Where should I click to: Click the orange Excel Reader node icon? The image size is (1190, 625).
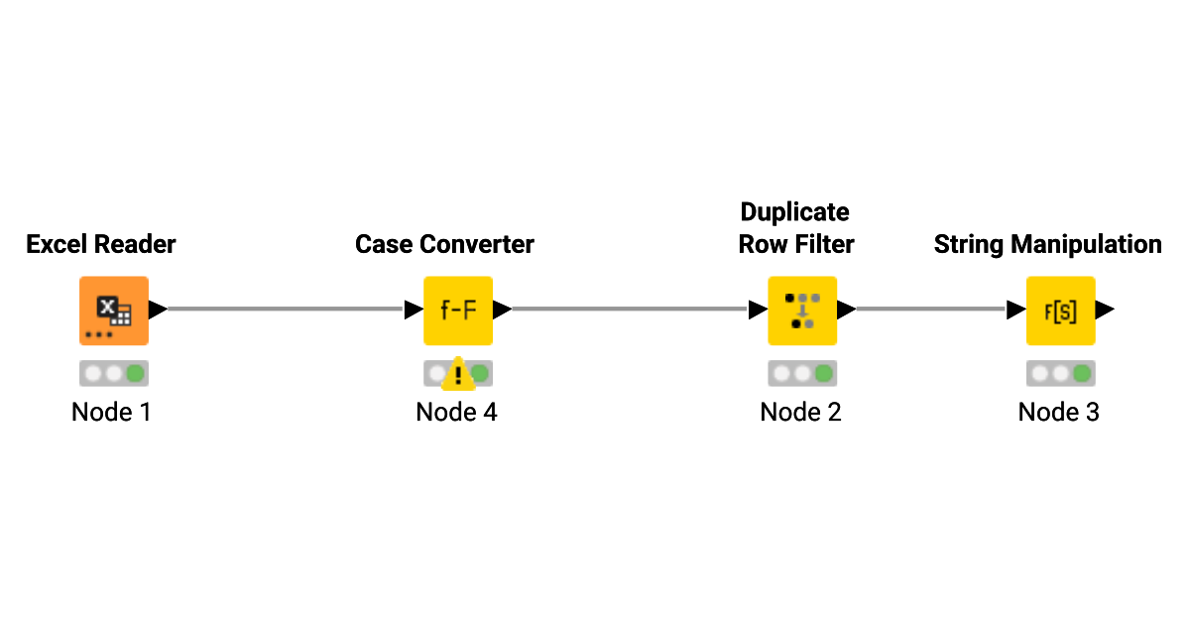click(x=114, y=310)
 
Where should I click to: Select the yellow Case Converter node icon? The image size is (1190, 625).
click(x=457, y=310)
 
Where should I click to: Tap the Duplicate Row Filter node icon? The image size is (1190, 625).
click(x=801, y=310)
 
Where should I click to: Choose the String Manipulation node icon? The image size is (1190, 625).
click(x=1060, y=310)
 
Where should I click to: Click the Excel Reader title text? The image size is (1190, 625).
click(x=101, y=244)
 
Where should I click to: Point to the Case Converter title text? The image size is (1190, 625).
click(x=444, y=244)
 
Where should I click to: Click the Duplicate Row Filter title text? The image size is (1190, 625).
click(x=795, y=228)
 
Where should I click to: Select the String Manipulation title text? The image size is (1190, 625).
click(x=1047, y=244)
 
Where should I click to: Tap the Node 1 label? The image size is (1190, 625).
click(x=111, y=412)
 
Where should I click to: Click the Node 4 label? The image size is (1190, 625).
click(x=456, y=412)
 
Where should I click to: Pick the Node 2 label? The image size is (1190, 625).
click(x=800, y=412)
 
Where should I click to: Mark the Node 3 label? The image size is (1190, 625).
click(x=1058, y=412)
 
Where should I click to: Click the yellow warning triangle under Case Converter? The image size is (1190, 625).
click(x=458, y=374)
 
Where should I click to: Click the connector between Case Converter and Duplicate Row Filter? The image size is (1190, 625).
click(x=630, y=310)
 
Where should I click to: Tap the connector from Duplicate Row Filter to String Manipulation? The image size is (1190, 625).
click(x=930, y=310)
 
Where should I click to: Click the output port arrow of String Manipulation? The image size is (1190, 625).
click(x=1105, y=310)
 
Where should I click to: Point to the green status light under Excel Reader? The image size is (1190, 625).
click(x=136, y=374)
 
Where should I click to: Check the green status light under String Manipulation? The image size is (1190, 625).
click(x=1082, y=374)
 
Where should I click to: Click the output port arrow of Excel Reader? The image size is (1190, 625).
click(x=158, y=310)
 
